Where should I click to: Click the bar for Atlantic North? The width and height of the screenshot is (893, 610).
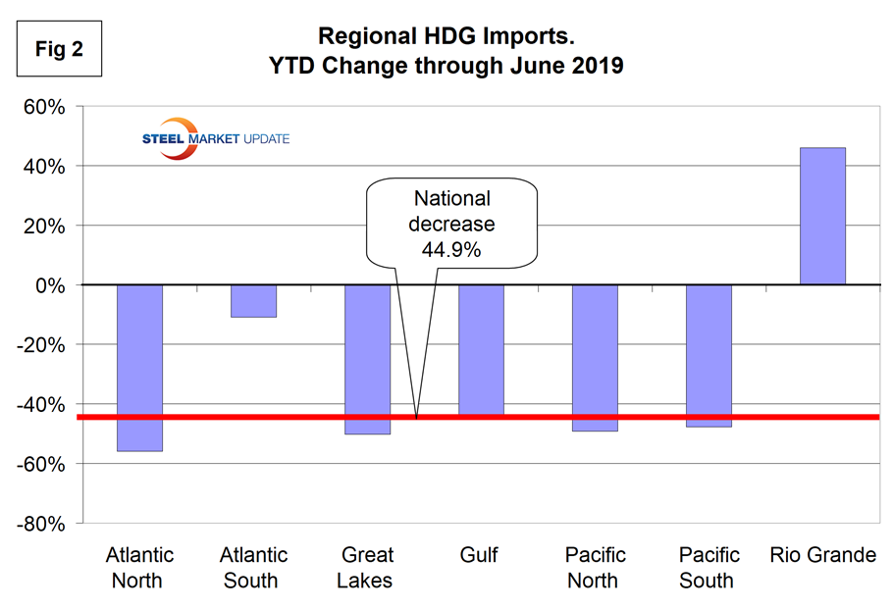click(139, 368)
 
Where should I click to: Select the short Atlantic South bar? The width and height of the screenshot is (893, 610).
click(253, 301)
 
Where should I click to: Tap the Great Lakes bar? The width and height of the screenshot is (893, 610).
click(367, 359)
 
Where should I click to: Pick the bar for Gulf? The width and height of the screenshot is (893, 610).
click(481, 350)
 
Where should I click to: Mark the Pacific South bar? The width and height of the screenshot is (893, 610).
click(709, 356)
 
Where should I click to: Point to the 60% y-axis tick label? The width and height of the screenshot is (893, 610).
click(45, 107)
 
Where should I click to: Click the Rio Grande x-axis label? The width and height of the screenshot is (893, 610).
click(823, 556)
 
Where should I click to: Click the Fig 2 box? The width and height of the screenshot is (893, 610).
click(59, 49)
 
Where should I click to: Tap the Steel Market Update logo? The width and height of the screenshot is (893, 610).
click(216, 138)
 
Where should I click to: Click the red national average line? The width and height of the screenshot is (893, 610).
click(638, 418)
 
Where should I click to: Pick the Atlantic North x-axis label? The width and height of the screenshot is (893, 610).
click(139, 568)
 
